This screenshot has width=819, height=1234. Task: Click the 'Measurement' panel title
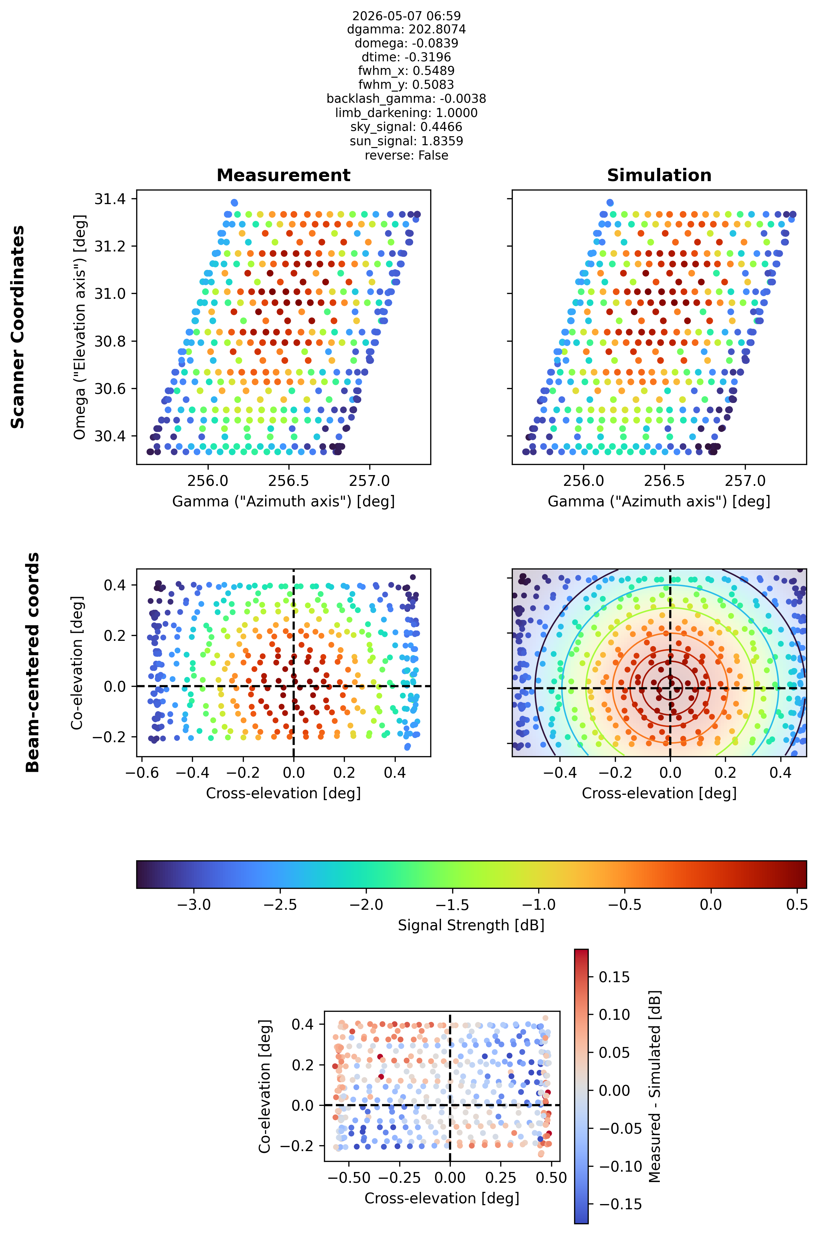283,176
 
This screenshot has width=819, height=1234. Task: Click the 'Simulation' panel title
659,176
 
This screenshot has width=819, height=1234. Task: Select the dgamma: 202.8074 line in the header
407,30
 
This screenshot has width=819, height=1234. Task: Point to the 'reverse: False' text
407,156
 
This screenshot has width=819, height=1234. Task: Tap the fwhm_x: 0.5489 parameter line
407,71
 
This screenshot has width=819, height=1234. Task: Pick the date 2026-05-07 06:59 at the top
407,16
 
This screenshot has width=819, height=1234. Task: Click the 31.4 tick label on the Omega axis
110,199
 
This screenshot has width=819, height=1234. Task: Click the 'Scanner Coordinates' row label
18,327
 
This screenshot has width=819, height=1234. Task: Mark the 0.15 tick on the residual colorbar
614,977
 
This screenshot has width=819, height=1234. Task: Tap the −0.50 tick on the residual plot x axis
349,1178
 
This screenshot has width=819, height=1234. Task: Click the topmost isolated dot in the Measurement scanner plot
234,203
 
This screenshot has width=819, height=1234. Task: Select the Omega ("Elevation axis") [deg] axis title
79,327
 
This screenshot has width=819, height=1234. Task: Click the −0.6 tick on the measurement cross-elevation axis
142,773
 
